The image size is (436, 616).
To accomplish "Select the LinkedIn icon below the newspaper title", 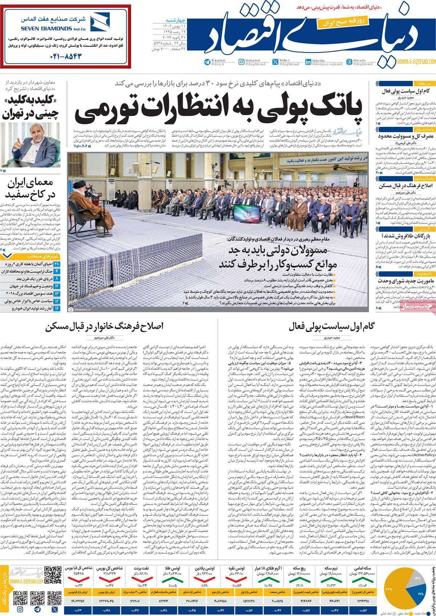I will (308, 62).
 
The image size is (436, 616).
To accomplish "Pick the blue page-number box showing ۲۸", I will (57, 263).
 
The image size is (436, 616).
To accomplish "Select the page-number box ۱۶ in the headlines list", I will (57, 308).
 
